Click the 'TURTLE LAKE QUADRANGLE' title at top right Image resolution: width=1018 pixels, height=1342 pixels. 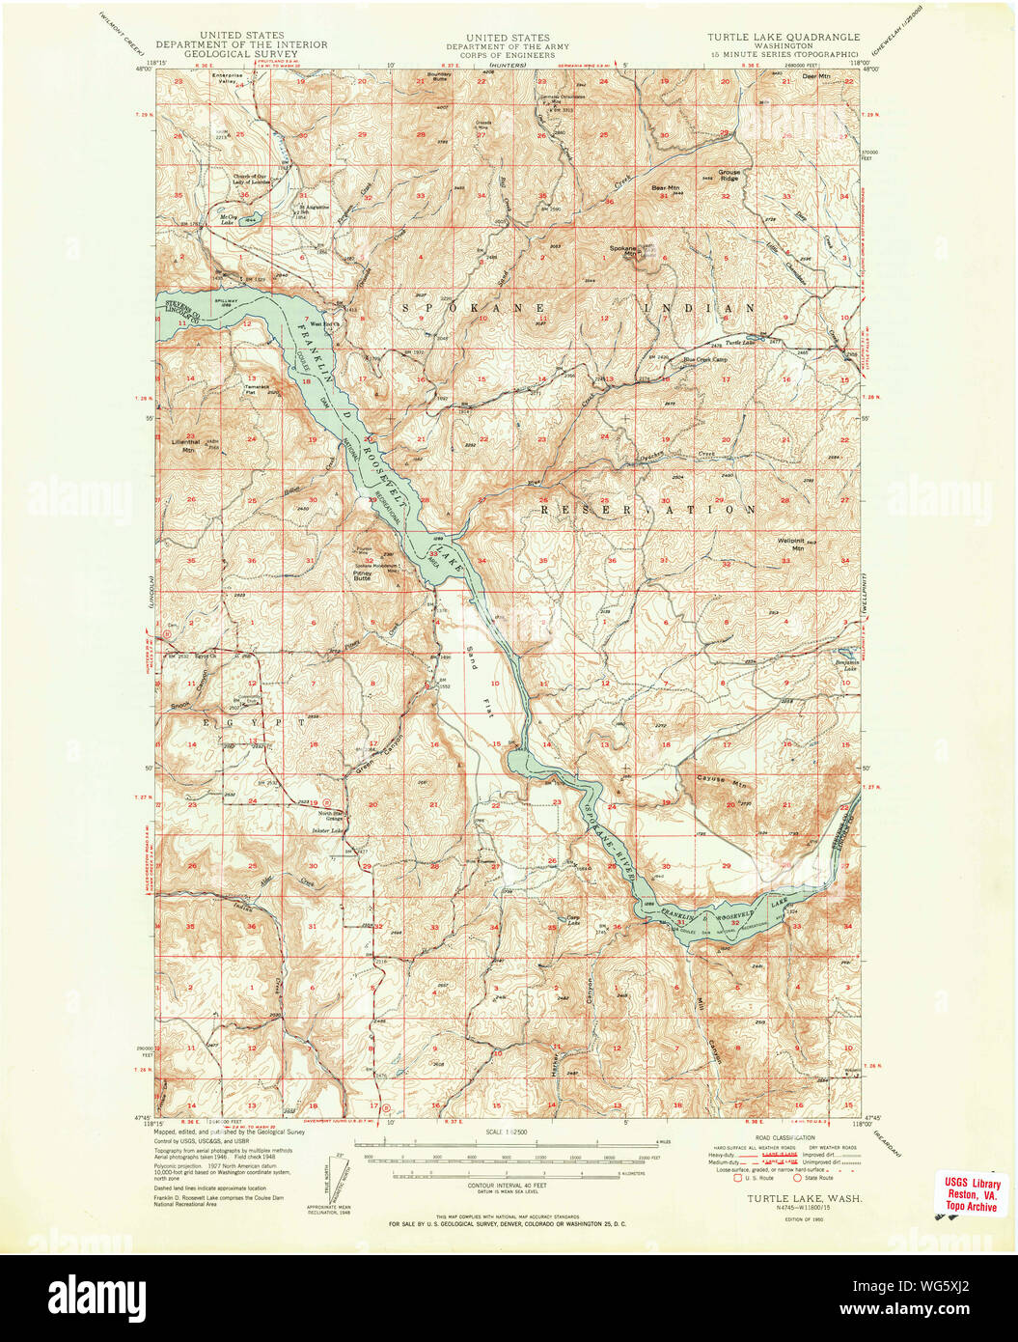click(x=783, y=38)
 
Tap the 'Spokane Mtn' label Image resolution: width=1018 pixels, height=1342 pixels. click(x=623, y=249)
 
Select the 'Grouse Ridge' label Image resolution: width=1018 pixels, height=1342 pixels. click(x=729, y=176)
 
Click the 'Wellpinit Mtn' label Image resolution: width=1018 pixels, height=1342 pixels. click(x=790, y=544)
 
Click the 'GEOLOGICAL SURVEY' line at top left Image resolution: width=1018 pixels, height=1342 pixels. click(x=241, y=54)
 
